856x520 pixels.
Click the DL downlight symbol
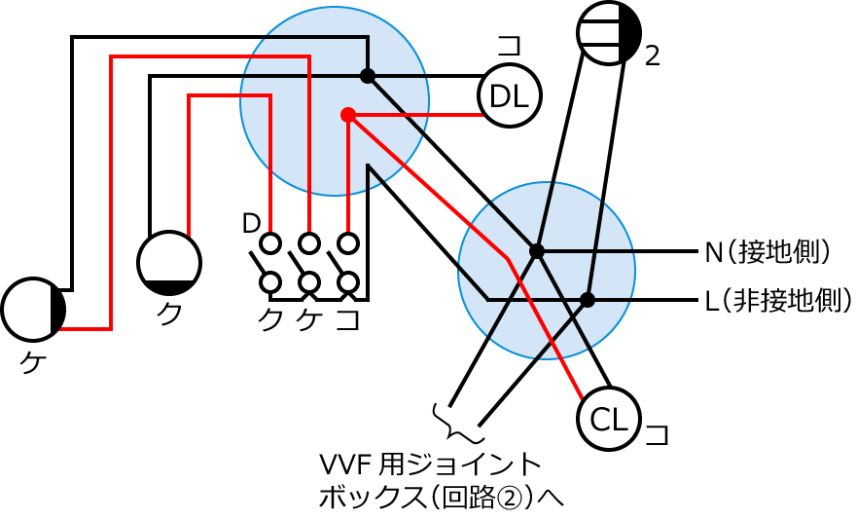[x=509, y=95]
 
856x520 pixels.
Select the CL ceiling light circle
[x=609, y=421]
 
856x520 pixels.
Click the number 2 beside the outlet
[x=653, y=56]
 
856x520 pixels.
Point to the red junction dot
[x=347, y=115]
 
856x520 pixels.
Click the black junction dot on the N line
[x=536, y=251]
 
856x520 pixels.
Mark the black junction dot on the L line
[x=588, y=299]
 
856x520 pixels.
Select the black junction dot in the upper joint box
[x=367, y=75]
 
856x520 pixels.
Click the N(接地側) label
[x=768, y=252]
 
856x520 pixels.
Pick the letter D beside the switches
[x=251, y=224]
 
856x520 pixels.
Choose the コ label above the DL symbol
[x=509, y=46]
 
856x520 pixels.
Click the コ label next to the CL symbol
[x=658, y=433]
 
